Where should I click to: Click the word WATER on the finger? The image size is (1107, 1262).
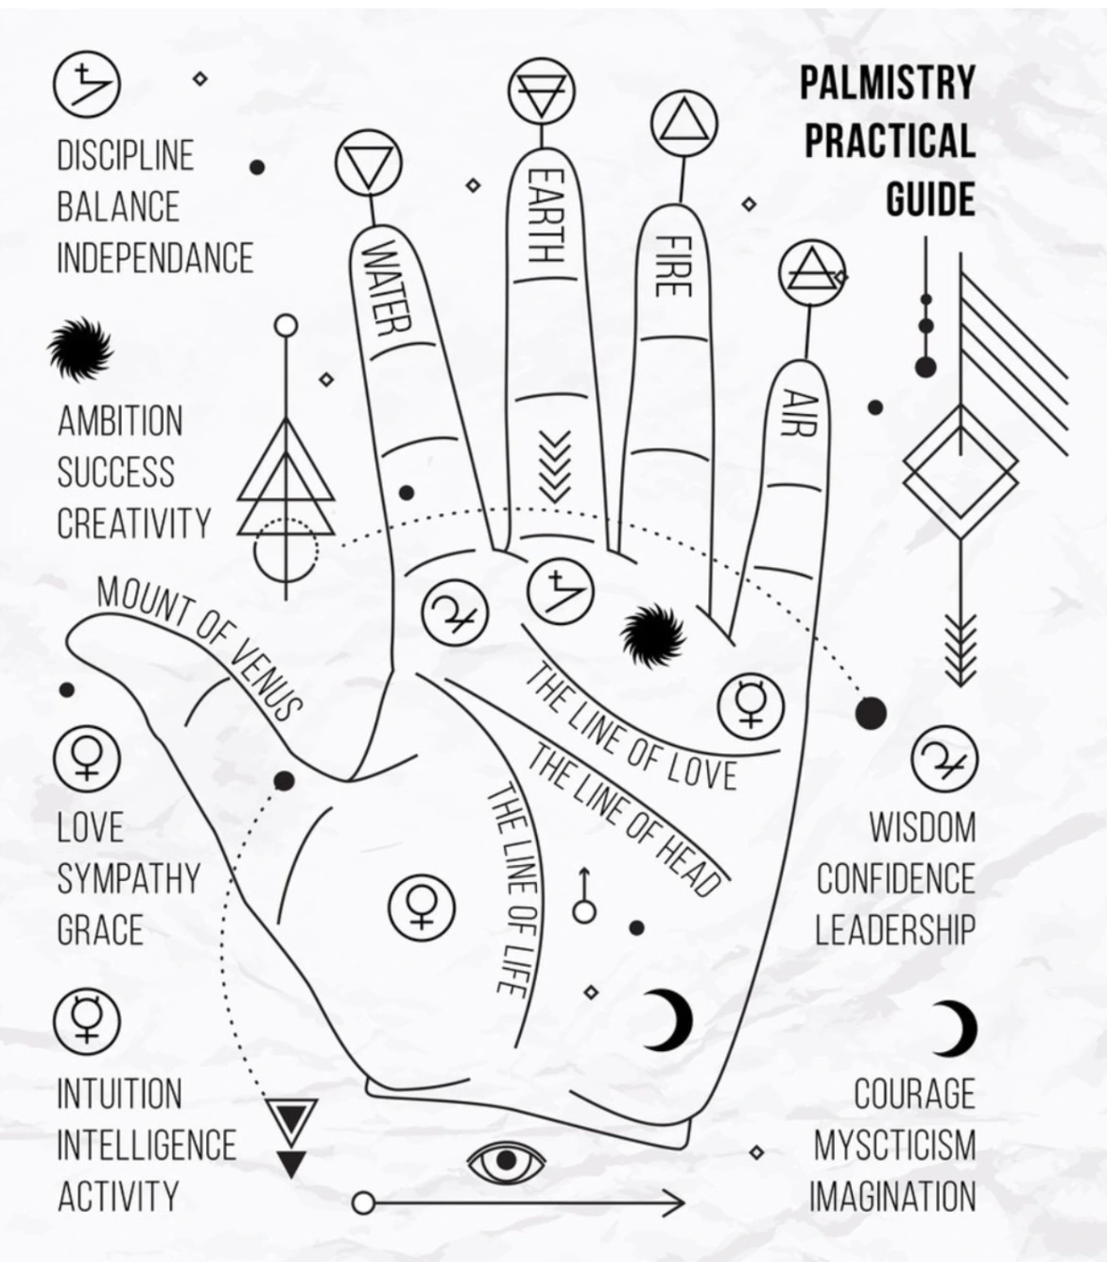point(389,288)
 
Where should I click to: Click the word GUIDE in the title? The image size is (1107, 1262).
point(930,199)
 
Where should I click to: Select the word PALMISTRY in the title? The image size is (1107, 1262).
point(887,82)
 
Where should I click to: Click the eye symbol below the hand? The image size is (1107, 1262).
point(506,1161)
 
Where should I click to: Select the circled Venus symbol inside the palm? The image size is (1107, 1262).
point(422,905)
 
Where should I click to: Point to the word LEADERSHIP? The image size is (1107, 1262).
point(894,930)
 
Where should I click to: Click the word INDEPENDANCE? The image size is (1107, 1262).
point(155,258)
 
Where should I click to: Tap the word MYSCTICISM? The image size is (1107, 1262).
point(893,1146)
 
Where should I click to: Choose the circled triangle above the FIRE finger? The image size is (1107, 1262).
point(683,125)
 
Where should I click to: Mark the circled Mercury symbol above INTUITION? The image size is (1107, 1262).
point(86,1018)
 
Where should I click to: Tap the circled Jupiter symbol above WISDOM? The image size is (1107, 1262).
point(943,759)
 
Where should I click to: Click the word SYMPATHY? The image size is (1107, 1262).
point(129,879)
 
